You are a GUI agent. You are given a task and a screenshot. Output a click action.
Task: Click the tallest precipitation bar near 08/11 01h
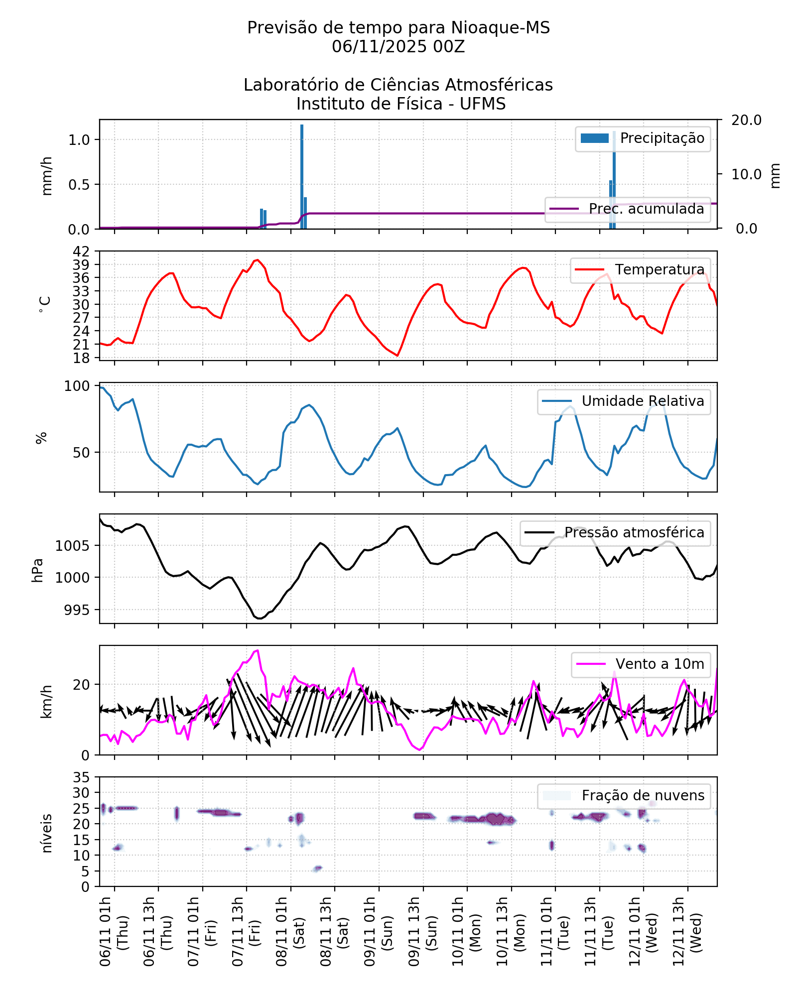[x=302, y=177]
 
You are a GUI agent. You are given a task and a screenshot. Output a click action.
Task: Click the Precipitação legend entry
[x=643, y=138]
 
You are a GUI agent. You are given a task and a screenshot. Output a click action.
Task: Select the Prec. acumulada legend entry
[x=628, y=209]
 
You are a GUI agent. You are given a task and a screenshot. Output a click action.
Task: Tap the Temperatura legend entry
[x=640, y=270]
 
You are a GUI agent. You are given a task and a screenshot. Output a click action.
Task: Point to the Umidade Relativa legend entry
[x=624, y=401]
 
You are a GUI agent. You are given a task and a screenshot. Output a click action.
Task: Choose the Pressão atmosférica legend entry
[x=615, y=533]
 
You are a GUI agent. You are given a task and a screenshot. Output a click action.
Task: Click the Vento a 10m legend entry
[x=641, y=664]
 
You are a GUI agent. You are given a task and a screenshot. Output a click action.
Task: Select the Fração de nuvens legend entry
[x=624, y=796]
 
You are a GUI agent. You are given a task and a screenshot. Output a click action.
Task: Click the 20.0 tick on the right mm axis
[x=746, y=120]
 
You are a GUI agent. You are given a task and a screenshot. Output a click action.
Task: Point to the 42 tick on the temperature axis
[x=81, y=251]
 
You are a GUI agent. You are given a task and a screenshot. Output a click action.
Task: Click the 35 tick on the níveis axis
[x=81, y=777]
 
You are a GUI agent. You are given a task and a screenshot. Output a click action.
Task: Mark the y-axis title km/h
[x=46, y=701]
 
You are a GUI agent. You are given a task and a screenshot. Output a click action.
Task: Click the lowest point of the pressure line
[x=260, y=619]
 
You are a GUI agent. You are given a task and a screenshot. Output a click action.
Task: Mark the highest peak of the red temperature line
[x=257, y=259]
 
